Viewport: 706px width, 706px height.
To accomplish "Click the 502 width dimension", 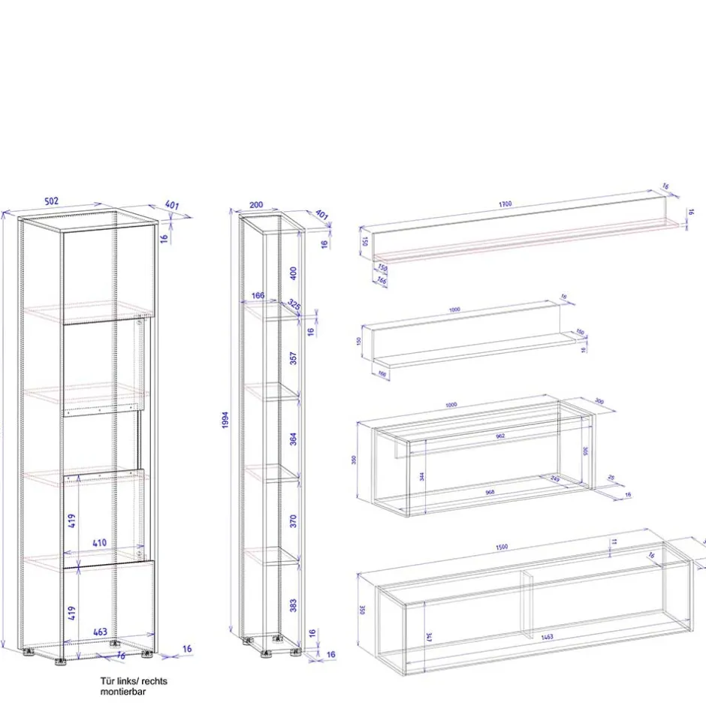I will coord(51,201).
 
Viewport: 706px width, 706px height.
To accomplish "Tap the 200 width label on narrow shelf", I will coord(255,205).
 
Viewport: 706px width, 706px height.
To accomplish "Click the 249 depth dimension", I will coord(555,478).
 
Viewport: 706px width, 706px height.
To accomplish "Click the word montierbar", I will coord(125,691).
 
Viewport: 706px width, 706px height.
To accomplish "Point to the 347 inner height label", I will coord(428,638).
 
